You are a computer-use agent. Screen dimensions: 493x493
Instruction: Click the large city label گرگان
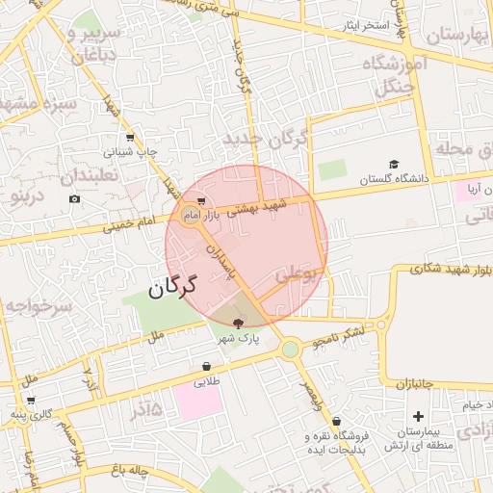172,286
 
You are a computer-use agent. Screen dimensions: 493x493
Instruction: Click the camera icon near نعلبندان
75,199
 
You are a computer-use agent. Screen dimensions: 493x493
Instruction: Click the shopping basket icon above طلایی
207,367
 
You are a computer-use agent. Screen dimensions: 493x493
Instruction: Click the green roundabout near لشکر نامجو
290,350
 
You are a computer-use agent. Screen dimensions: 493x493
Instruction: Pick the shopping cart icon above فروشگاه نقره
336,421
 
